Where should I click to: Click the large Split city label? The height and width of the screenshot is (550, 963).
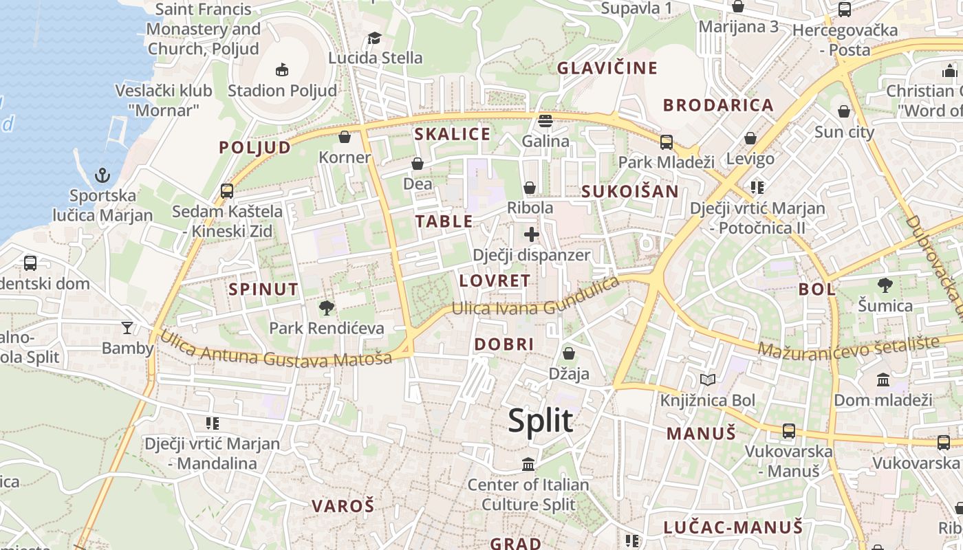(540, 420)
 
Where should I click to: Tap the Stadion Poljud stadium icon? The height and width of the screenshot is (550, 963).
(281, 69)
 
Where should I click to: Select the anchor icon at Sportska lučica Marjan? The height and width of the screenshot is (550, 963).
(102, 175)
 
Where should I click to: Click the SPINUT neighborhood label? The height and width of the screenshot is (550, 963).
(263, 289)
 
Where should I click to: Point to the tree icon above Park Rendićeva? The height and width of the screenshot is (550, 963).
(327, 307)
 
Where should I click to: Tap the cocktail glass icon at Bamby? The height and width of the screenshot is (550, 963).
(127, 327)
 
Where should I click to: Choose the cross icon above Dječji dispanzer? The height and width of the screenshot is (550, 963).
(531, 234)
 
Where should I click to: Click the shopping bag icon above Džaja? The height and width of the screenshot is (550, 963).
(569, 353)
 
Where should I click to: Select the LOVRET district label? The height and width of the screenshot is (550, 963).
(495, 280)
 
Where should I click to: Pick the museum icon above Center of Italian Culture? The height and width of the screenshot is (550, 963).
(528, 464)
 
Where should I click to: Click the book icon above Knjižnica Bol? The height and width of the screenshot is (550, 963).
(708, 379)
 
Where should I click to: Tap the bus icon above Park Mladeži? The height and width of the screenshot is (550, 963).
(666, 142)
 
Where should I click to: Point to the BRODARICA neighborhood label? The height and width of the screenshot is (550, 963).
(718, 105)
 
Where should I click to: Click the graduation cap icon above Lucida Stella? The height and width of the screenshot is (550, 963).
(374, 37)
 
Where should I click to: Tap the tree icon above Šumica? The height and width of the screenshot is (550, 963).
(885, 285)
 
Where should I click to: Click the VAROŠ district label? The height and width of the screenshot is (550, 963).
(343, 507)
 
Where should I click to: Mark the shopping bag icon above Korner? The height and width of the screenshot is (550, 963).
(345, 137)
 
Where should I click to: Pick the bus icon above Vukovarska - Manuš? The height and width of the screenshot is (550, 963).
(789, 431)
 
